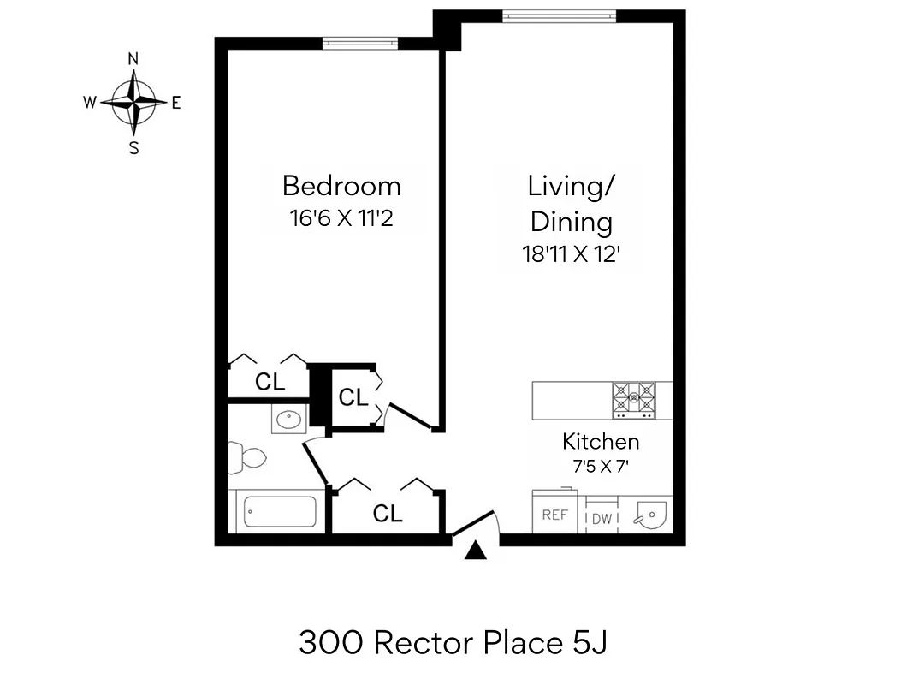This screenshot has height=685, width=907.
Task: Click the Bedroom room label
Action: pos(341,186)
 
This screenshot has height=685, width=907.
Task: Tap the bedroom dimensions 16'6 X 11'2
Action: pos(341,218)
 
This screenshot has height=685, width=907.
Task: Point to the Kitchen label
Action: pos(601,442)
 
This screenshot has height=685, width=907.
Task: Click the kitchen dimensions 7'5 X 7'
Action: pos(601,468)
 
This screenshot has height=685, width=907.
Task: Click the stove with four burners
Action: pos(633,399)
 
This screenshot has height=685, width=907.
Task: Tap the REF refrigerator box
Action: pos(555,515)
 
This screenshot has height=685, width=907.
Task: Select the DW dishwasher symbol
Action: pos(602,518)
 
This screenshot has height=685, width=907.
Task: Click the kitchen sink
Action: pos(651,515)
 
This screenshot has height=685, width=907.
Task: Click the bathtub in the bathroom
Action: pos(280,512)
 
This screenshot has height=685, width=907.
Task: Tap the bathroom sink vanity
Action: pos(288,420)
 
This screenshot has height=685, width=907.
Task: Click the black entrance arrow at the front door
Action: pos(476,551)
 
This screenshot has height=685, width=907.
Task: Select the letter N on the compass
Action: pos(133,59)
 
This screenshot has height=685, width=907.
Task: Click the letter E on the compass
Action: pos(176,103)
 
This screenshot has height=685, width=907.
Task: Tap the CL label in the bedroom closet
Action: pos(270,382)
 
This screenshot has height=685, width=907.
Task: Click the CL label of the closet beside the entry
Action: pos(388,514)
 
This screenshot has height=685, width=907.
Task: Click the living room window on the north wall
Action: pos(559,15)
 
